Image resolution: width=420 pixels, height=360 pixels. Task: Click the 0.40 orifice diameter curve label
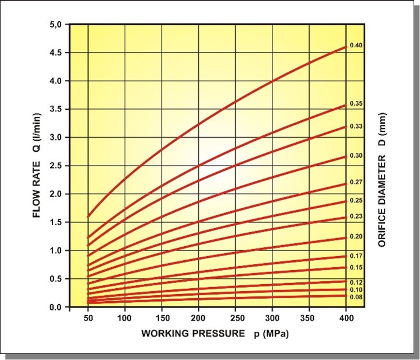[x=356, y=46]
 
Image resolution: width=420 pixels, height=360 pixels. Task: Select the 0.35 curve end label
[x=356, y=104]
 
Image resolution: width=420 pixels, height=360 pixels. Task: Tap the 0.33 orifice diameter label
[x=356, y=126]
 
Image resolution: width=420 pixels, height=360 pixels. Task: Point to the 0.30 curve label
[x=356, y=156]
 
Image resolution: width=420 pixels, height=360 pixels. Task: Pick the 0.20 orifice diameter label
[x=356, y=236]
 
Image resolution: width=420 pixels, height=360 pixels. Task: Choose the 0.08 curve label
[x=356, y=297]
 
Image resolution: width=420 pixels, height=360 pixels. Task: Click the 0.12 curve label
[x=356, y=282]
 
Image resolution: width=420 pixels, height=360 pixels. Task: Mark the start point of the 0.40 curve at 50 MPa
[x=88, y=216]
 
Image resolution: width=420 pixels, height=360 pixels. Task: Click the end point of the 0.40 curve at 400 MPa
[x=346, y=47]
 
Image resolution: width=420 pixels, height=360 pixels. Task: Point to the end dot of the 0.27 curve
[x=346, y=183]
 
